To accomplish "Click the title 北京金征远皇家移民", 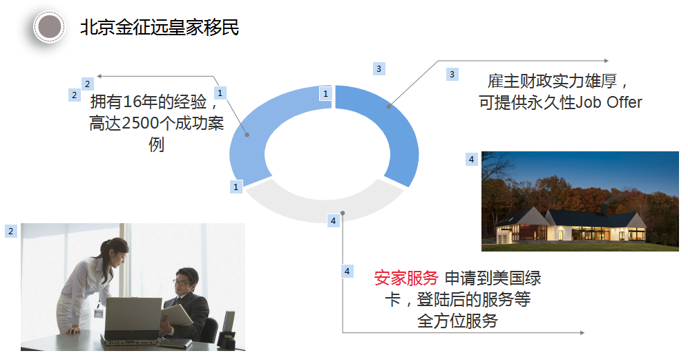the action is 160,27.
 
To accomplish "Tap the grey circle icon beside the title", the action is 49,27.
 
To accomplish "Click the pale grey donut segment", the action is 325,207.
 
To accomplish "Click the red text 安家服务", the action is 406,278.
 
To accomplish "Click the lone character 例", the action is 157,144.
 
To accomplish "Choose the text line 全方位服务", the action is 457,321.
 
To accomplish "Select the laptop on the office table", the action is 132,320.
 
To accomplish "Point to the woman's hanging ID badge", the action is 98,313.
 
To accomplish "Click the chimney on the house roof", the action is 604,209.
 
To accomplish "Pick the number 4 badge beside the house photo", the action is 471,159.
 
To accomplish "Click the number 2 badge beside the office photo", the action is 11,231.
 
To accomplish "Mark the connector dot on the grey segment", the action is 343,214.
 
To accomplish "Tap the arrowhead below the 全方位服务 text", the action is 582,333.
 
